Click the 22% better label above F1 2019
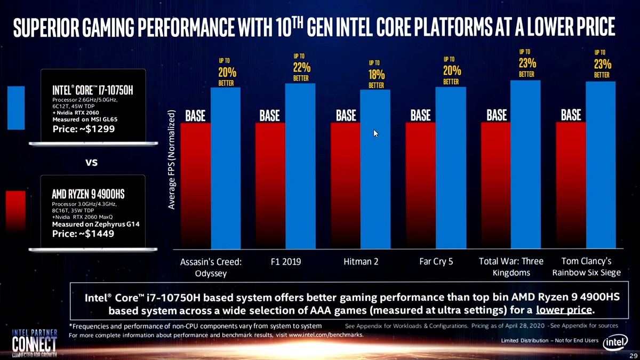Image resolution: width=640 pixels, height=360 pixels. [301, 67]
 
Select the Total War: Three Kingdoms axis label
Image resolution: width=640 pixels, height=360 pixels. [511, 267]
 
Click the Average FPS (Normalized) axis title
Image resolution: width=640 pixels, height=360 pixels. [172, 160]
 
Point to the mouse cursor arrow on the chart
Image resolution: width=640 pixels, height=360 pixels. [375, 133]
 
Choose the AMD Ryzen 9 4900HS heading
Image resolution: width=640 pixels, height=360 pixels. [88, 193]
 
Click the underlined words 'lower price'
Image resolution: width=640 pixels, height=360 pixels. [564, 310]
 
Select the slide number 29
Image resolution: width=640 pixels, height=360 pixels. [633, 355]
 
